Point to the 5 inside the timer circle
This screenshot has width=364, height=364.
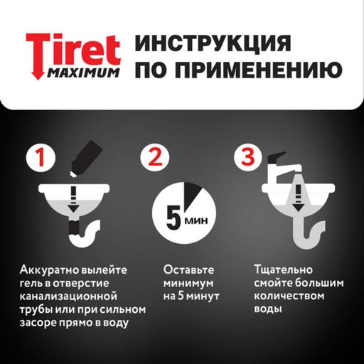(174, 214)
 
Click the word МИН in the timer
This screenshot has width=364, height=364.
(193, 218)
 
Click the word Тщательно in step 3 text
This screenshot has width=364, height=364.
(279, 270)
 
